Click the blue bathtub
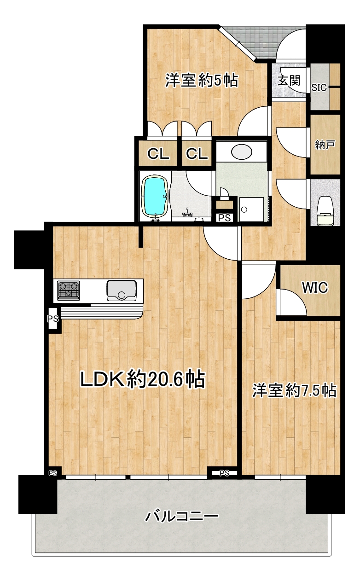155,197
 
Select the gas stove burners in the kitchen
69,290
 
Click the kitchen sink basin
122,290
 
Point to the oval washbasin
242,152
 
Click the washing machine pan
251,209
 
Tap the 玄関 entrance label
289,81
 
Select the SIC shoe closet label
319,87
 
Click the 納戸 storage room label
325,144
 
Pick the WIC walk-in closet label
315,287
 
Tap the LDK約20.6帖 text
143,379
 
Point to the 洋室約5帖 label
202,80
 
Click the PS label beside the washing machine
224,218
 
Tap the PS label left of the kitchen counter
52,319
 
